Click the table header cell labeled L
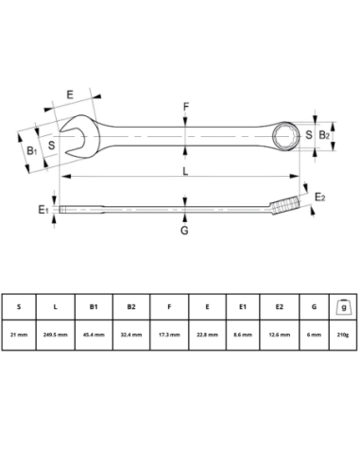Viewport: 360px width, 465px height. click(56, 306)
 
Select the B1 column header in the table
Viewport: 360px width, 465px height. click(94, 306)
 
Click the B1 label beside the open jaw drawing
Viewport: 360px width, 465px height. click(31, 149)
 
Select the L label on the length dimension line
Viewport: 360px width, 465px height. click(185, 170)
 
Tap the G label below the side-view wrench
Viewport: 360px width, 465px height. click(185, 231)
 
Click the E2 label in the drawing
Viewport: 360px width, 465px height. click(320, 197)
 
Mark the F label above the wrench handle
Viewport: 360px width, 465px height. click(186, 107)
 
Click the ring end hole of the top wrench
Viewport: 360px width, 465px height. click(286, 136)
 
